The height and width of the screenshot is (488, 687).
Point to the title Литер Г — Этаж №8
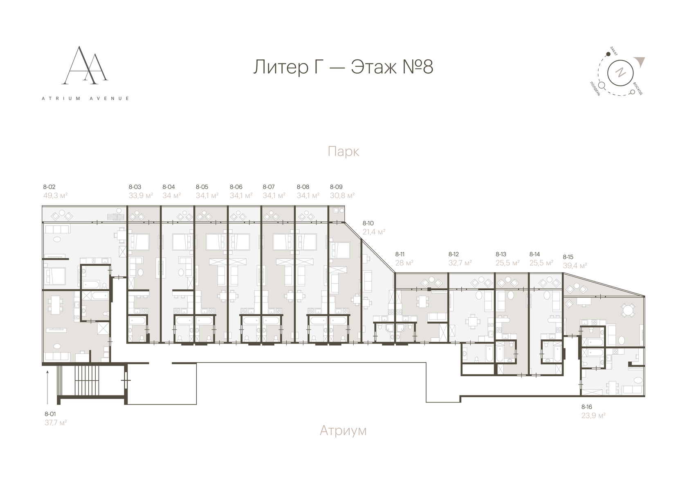(343, 67)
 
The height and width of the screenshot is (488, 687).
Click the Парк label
(343, 152)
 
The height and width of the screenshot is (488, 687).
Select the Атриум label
(343, 430)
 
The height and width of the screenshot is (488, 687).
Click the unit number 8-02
(49, 187)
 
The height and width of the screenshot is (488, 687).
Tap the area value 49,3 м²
(55, 196)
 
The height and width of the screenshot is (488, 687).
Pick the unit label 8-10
(368, 224)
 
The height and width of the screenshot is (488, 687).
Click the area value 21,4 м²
(374, 232)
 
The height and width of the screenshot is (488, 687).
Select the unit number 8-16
(587, 407)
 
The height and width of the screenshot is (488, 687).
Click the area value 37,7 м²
(56, 422)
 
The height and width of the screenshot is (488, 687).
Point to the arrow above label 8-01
(48, 385)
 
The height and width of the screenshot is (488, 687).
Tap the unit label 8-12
(454, 254)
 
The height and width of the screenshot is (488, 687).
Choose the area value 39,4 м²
(575, 265)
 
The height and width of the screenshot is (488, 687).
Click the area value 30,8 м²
(342, 196)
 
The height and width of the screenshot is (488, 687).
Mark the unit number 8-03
(135, 187)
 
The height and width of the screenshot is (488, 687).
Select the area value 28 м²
(404, 263)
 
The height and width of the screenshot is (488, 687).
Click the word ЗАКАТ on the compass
(614, 51)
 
